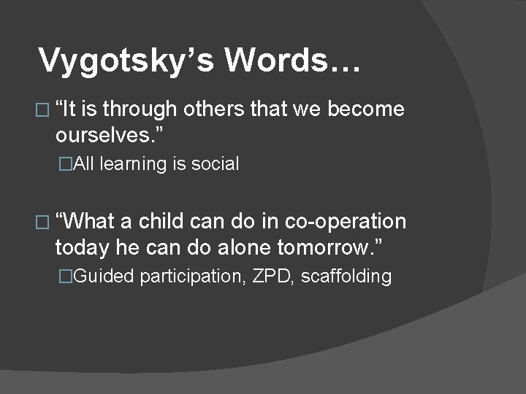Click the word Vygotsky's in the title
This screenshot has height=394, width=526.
[x=125, y=61]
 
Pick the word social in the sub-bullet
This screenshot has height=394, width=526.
[x=216, y=164]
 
